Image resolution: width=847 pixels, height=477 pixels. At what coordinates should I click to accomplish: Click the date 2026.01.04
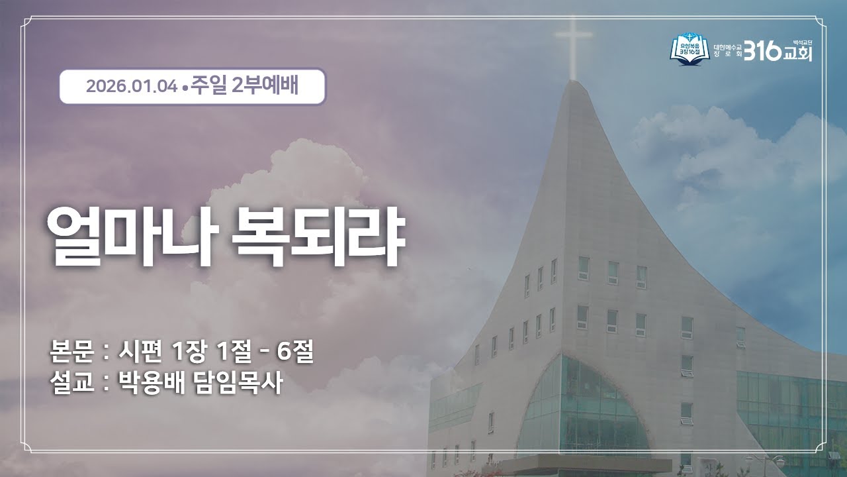pos(131,87)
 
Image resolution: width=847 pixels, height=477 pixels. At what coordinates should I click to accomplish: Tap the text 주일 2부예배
pos(244,87)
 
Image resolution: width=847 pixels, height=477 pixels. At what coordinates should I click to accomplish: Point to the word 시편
pos(139,352)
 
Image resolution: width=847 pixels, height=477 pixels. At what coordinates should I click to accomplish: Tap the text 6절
pos(295,352)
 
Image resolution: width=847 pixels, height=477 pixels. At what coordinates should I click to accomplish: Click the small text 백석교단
pos(802,40)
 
